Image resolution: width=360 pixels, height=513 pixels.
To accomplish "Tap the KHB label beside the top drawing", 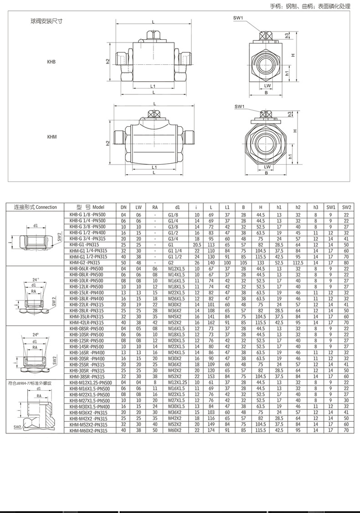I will pos(51,61).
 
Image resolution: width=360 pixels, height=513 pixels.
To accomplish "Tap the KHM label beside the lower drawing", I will pos(51,137).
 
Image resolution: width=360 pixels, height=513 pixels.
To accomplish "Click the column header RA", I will pos(155,207).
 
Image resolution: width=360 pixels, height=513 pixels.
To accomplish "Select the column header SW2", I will pos(347,207).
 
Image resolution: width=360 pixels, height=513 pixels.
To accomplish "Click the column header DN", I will pos(123,207).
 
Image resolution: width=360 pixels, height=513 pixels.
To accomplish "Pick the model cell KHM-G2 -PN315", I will pos(85,263).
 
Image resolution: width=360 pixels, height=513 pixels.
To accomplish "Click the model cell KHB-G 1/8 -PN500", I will pos(87,214).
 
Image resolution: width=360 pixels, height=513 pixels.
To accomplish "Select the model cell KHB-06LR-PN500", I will pos(87,269).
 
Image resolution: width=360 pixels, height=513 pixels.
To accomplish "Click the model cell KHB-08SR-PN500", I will pos(87,328).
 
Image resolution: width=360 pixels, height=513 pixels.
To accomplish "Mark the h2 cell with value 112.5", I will pos(298,263).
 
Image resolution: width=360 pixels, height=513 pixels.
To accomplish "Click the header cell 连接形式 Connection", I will pos(36,207).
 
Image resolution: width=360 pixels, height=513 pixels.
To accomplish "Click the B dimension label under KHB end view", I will pos(266,92).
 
